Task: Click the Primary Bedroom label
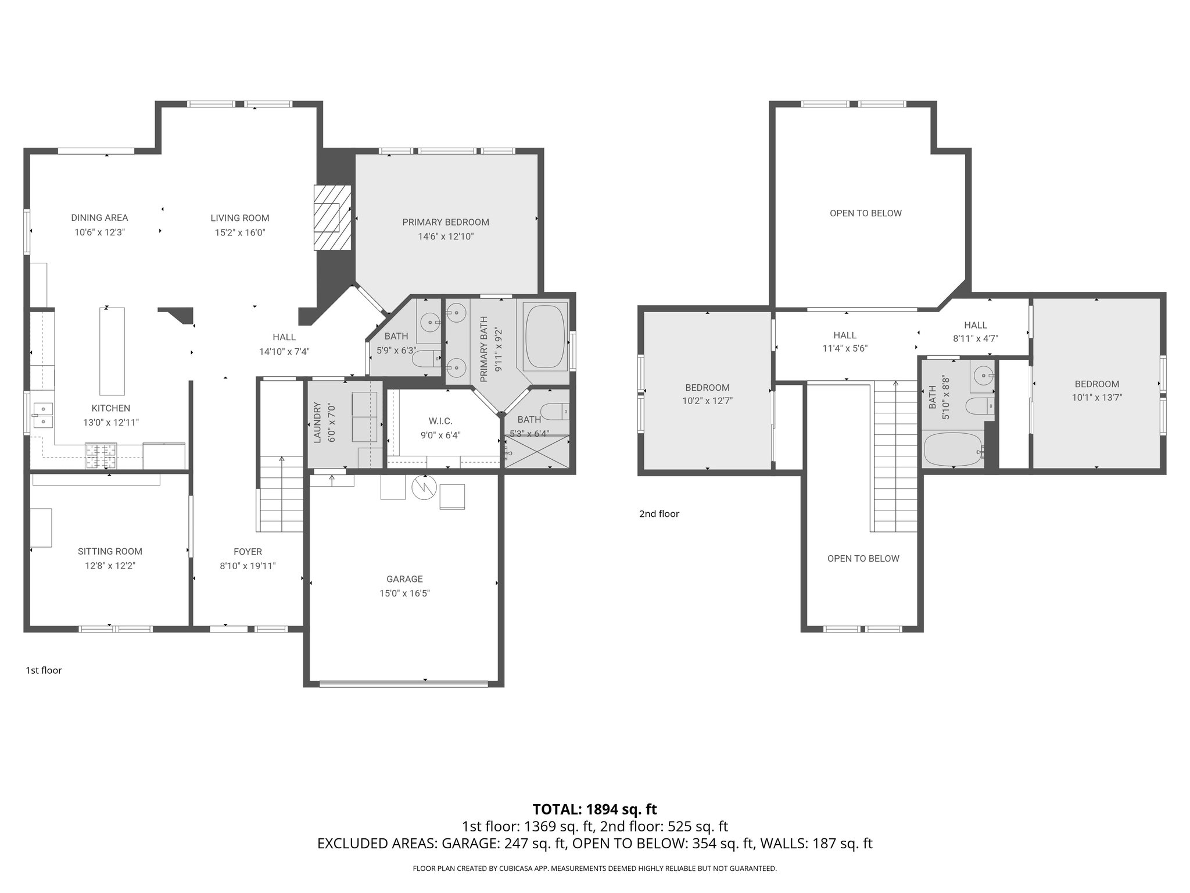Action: [446, 222]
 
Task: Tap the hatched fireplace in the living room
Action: [332, 218]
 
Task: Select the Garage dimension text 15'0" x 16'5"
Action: [404, 594]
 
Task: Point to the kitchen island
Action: [112, 351]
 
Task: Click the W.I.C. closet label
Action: [440, 421]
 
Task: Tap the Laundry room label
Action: [317, 423]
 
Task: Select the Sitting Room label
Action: [110, 551]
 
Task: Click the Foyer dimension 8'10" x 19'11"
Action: [248, 566]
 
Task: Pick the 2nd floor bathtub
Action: [954, 449]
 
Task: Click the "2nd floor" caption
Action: [659, 513]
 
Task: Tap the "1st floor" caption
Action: [44, 670]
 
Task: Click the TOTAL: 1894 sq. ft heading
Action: [594, 809]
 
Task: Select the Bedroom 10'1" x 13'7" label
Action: [1096, 384]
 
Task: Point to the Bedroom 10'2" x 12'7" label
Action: [707, 387]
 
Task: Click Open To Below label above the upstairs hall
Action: [865, 213]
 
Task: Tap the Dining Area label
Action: [99, 217]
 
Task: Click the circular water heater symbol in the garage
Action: [423, 487]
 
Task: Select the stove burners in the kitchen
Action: [101, 456]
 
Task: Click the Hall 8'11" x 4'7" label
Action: [975, 325]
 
